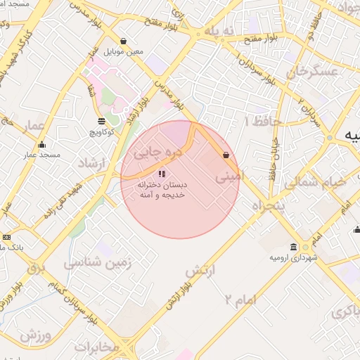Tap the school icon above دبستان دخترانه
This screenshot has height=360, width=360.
click(162, 173)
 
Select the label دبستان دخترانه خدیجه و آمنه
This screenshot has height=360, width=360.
click(161, 188)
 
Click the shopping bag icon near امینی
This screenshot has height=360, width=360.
click(226, 155)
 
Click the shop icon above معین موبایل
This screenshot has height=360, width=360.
click(124, 41)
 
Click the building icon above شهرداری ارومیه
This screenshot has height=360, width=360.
click(293, 247)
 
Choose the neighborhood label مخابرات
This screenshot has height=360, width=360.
click(98, 347)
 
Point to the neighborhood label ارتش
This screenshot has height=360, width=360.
click(200, 270)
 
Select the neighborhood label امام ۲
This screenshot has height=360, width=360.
click(240, 300)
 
